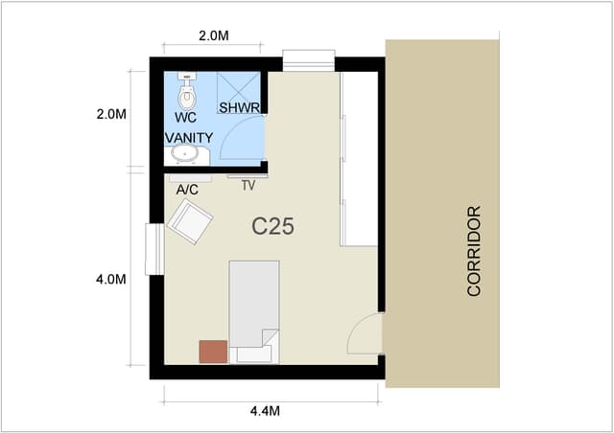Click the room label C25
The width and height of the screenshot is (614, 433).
[x=272, y=226]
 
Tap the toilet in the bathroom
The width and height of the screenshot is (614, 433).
[x=187, y=91]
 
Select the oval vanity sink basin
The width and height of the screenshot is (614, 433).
[x=184, y=154]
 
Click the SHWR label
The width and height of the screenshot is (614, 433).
[x=239, y=107]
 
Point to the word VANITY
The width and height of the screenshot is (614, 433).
[x=189, y=138]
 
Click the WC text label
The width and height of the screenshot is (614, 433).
[x=185, y=117]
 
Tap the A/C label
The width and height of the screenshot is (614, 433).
[x=187, y=190]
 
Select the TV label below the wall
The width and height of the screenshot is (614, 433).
[x=248, y=186]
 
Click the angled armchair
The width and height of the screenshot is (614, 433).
[x=190, y=222]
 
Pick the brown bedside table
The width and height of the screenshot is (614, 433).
[x=213, y=352]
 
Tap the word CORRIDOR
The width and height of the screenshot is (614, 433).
[x=474, y=251]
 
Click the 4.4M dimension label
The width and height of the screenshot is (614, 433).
[x=265, y=411]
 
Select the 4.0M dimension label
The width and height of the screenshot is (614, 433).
[x=111, y=280]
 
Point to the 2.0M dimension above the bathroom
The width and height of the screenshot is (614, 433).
[x=214, y=35]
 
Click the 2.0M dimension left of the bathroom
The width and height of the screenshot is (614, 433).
[x=111, y=114]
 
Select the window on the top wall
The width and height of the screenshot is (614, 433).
[x=309, y=60]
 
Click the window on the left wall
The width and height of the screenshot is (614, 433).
[x=154, y=249]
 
